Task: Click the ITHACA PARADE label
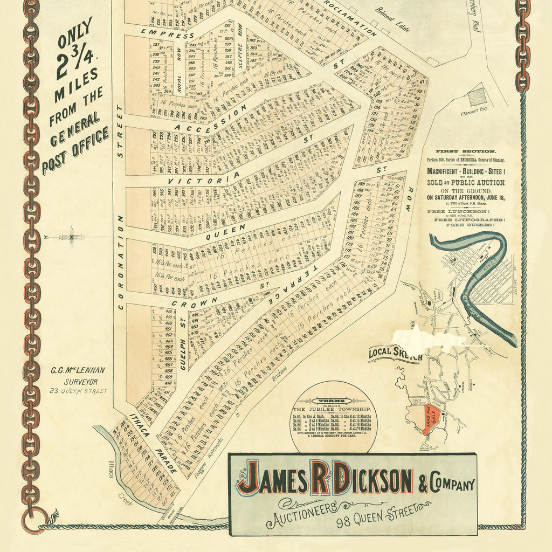tap(153, 444)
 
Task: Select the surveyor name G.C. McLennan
tap(78, 371)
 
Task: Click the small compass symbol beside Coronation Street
tap(71, 237)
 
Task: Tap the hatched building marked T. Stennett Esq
tap(477, 97)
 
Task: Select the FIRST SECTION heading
tap(466, 152)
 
